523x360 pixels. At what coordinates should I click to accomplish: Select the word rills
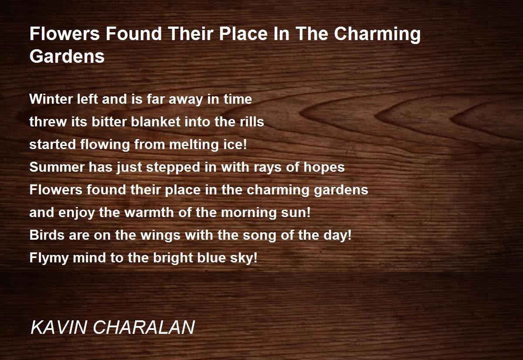click(252, 122)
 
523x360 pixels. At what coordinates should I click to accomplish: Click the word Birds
click(47, 235)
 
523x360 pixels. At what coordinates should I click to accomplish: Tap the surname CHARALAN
click(144, 327)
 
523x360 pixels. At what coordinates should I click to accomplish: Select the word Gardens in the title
click(67, 57)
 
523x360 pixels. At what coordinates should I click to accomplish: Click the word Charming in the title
click(377, 34)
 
